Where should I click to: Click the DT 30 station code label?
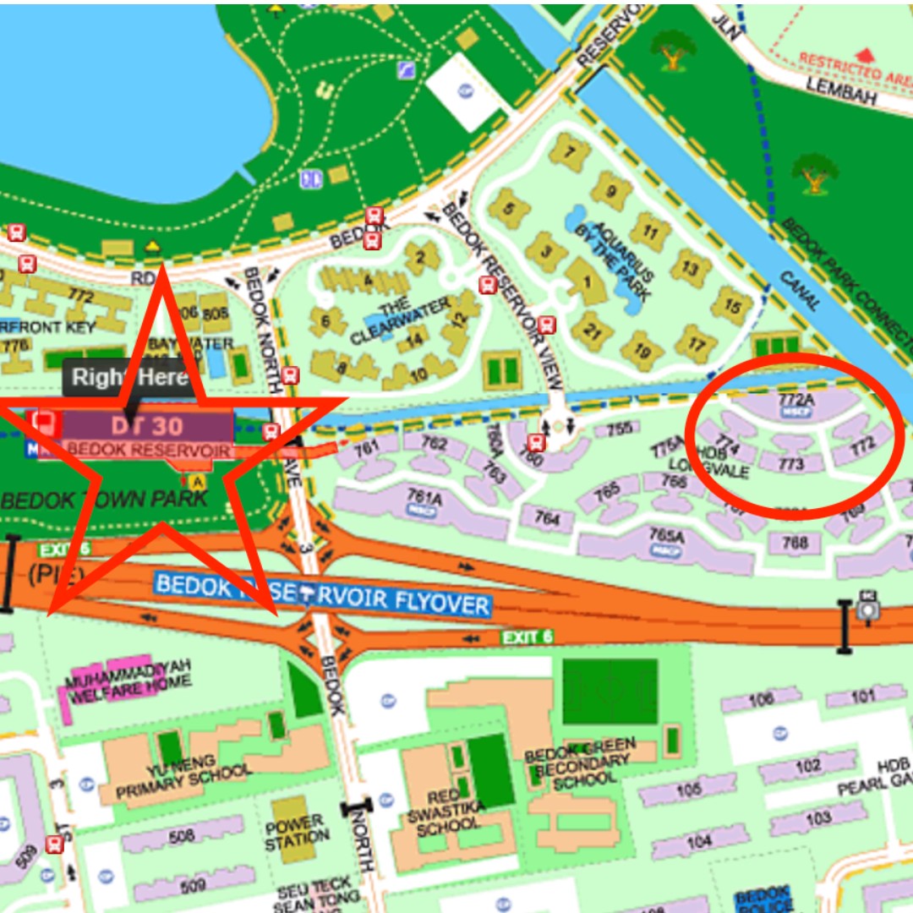coord(145,425)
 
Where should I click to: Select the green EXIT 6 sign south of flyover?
coord(528,637)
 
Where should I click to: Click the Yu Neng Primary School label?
coord(184,780)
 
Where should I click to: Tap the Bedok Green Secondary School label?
coord(581,763)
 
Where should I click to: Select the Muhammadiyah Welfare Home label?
coord(128,681)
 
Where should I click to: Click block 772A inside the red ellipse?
coord(790,398)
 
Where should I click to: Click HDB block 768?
coord(795,544)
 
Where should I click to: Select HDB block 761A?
coord(424,500)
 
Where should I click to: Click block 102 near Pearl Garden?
coord(807,766)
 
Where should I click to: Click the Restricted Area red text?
coord(854,66)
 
